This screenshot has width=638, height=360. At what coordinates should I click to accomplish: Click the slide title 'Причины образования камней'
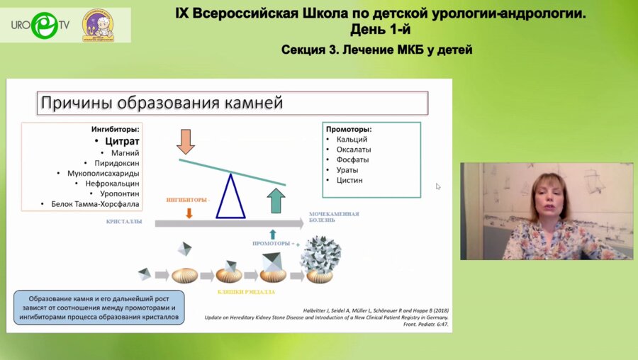tap(162, 103)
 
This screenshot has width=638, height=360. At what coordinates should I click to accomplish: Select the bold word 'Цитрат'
tap(122, 141)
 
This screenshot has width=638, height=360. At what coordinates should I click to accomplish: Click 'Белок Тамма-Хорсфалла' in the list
tap(95, 204)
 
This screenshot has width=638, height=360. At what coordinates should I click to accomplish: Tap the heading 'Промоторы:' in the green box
tap(349, 130)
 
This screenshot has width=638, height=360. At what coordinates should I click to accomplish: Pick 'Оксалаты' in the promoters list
tap(353, 150)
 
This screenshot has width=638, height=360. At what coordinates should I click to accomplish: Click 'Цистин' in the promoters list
tap(349, 180)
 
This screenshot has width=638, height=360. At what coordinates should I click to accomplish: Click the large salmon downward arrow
tap(186, 141)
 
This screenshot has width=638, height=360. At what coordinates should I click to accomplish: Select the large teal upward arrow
tap(276, 200)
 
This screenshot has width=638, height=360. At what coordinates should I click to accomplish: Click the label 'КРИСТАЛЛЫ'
tap(125, 222)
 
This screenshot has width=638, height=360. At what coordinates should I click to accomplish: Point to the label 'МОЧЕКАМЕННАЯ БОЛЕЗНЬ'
tap(333, 217)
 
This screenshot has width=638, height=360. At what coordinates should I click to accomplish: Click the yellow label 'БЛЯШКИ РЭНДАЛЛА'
tap(247, 291)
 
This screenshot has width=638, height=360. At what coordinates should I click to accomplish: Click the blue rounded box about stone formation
tap(98, 307)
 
